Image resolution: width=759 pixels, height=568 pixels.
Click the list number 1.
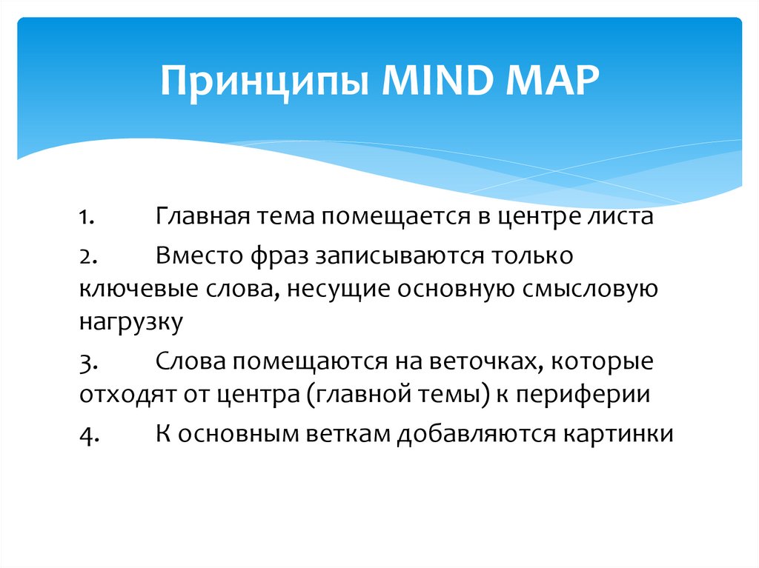[x=86, y=219]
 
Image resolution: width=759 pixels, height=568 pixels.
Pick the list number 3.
[x=86, y=362]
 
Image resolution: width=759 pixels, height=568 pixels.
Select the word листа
[x=620, y=219]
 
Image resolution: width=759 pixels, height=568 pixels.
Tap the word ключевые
[x=125, y=290]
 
